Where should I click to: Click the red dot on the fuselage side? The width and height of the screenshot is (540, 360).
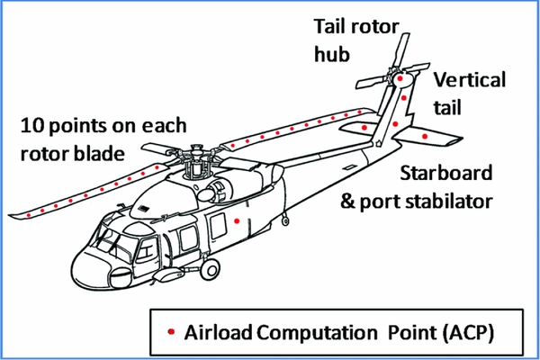237,220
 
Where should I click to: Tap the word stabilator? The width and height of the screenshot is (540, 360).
454,200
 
